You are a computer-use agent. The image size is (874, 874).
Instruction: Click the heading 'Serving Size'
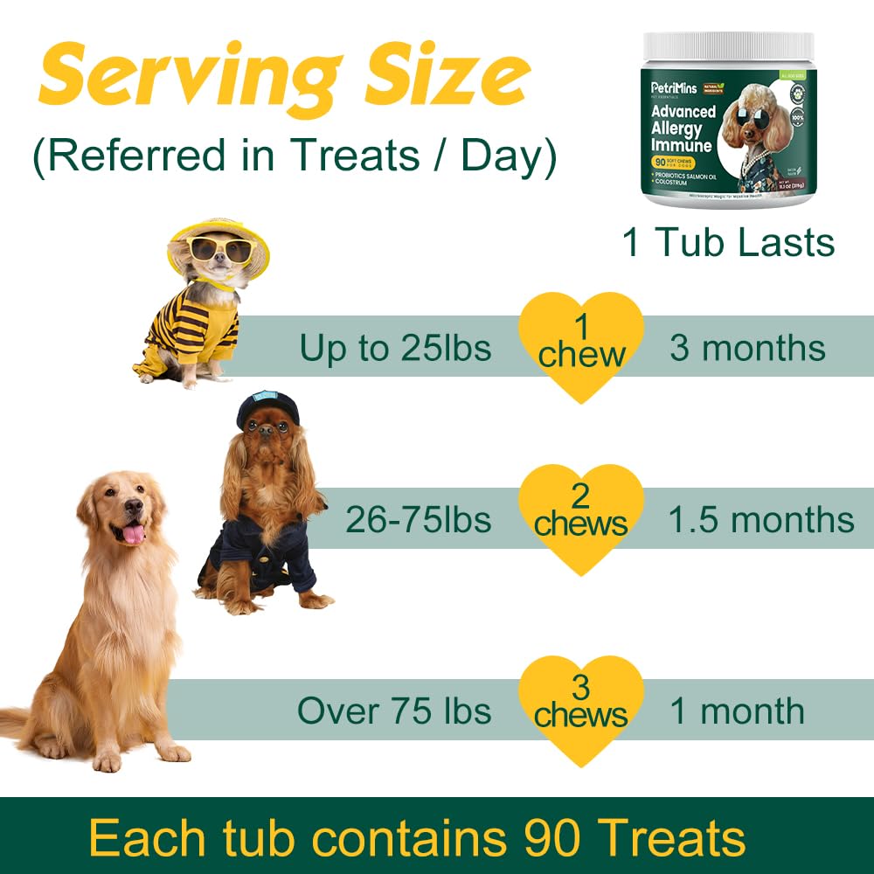click(x=284, y=77)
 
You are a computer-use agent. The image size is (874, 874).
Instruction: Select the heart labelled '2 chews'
click(x=581, y=516)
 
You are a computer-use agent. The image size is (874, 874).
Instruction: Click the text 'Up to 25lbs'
click(x=395, y=348)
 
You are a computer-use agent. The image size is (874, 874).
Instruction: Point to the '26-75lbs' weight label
click(x=418, y=520)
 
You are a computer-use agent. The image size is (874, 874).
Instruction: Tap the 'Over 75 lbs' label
click(x=394, y=711)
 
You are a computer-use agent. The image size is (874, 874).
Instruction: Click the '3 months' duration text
click(x=747, y=348)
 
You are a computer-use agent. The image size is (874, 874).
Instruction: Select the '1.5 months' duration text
click(x=760, y=520)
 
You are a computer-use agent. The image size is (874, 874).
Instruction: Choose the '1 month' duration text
click(x=737, y=711)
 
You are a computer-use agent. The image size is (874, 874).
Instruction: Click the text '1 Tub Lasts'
click(x=728, y=242)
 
